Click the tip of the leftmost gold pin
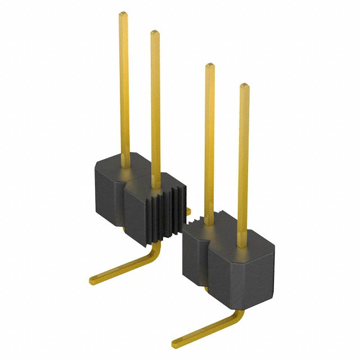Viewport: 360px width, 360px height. (123, 15)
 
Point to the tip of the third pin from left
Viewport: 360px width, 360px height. (209, 66)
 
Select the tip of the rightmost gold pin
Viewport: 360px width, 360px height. (244, 86)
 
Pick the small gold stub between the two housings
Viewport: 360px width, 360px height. (188, 211)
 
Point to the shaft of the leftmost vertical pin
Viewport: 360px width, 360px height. (124, 90)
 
